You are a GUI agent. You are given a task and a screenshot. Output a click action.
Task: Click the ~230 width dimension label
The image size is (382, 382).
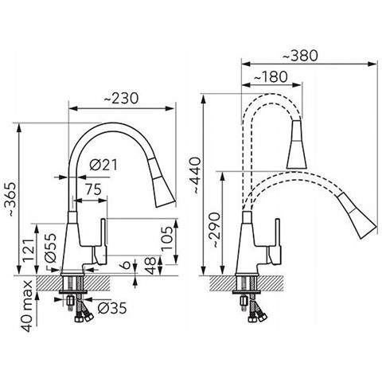tap(121, 99)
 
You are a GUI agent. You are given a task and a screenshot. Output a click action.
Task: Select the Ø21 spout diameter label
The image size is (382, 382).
tap(103, 166)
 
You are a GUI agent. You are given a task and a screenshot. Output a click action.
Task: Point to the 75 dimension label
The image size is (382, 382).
tap(93, 189)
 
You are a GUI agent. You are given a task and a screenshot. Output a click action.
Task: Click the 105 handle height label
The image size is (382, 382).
tap(167, 238)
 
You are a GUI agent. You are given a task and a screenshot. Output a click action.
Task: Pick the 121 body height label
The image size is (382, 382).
tap(29, 250)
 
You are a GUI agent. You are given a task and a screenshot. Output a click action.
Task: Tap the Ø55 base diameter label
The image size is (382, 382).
tap(50, 248)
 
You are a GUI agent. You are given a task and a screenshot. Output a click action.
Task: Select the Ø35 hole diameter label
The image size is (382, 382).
tap(112, 308)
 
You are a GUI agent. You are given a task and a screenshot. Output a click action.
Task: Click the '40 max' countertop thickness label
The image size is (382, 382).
tap(28, 306)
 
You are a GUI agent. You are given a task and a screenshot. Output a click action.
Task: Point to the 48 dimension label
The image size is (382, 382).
tap(150, 266)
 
